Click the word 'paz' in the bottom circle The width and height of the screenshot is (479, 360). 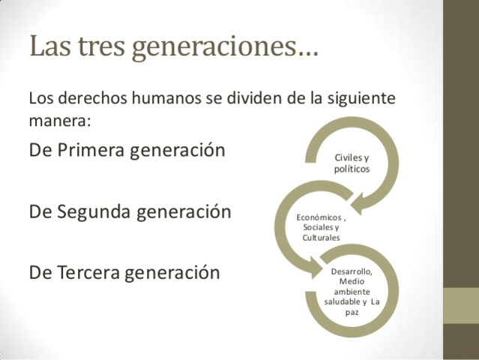click(x=352, y=312)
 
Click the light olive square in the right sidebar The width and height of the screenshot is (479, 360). click(x=461, y=306)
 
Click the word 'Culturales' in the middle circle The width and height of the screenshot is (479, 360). click(x=321, y=238)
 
